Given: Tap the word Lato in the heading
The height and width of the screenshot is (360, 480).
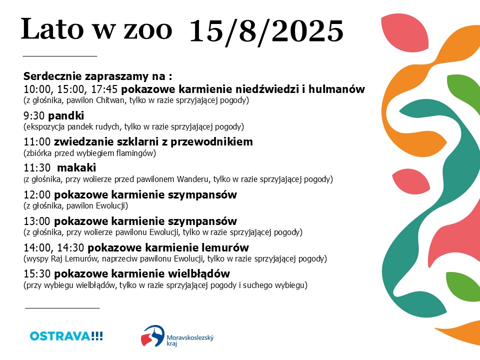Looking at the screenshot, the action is [52, 28].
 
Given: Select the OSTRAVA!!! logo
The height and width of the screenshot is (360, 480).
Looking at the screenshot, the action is [66, 336].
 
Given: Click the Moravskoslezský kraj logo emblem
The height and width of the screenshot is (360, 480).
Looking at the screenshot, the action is [153, 336].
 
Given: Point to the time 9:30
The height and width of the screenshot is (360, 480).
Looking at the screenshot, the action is [34, 115].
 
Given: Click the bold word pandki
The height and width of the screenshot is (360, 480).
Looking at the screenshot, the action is [66, 115].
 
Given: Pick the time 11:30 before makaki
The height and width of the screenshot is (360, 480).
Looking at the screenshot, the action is [37, 168].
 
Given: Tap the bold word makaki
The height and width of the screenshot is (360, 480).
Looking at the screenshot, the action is [76, 168].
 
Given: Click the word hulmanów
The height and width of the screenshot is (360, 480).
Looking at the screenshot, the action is [336, 89].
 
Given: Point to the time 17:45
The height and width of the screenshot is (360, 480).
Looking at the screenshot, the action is [104, 89].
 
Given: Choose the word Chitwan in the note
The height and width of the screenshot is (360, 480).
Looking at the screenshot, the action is [110, 100].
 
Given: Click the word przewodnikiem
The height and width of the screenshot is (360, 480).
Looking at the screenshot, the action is [211, 142].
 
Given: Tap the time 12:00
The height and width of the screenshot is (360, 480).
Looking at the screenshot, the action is [37, 194].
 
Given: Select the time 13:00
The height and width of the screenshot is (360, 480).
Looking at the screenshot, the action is [37, 221].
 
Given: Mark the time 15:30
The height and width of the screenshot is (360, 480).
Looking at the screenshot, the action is [37, 273].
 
